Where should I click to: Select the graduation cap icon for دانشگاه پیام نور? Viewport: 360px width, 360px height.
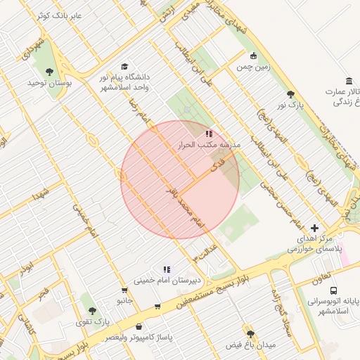[x=125, y=66]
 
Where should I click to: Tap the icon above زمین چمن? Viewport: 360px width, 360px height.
[x=253, y=56]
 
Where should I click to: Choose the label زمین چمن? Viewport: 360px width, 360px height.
[x=253, y=67]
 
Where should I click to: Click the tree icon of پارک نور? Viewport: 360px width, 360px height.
[x=290, y=94]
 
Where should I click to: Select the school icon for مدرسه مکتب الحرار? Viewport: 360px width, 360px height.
[x=208, y=133]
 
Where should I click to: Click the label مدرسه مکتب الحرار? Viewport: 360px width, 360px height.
[x=208, y=144]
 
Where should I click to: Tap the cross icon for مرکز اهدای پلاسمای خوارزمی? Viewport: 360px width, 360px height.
[x=314, y=228]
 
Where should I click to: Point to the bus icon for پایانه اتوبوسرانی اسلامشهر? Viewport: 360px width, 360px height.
[x=333, y=289]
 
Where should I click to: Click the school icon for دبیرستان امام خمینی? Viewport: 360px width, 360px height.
[x=167, y=269]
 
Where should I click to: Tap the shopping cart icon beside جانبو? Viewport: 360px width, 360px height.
[x=124, y=289]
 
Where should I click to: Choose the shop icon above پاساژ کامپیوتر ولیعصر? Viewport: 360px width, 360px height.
[x=139, y=326]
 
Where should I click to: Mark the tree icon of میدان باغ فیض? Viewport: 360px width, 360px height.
[x=250, y=334]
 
